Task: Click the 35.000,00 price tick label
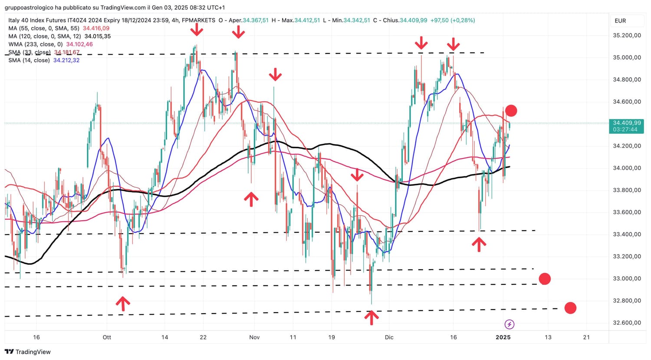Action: pos(627,57)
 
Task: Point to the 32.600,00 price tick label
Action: pos(627,323)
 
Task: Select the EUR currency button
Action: pos(620,21)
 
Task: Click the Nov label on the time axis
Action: pos(254,337)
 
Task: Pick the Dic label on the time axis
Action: pos(389,337)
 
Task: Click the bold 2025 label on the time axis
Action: pos(503,337)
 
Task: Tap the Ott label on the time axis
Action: pos(107,337)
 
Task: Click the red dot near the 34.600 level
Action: pos(511,111)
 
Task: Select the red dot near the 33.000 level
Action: pos(544,279)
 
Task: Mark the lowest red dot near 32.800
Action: pos(570,308)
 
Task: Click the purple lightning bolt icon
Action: pos(510,324)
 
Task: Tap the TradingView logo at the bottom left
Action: pos(28,352)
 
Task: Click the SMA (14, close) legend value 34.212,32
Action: pos(66,60)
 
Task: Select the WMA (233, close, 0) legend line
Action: pos(50,44)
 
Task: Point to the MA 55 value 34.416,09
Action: pos(96,28)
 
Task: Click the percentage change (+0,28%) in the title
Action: pos(463,20)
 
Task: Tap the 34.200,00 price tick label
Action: pos(627,146)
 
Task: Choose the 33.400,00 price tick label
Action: pos(627,234)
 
